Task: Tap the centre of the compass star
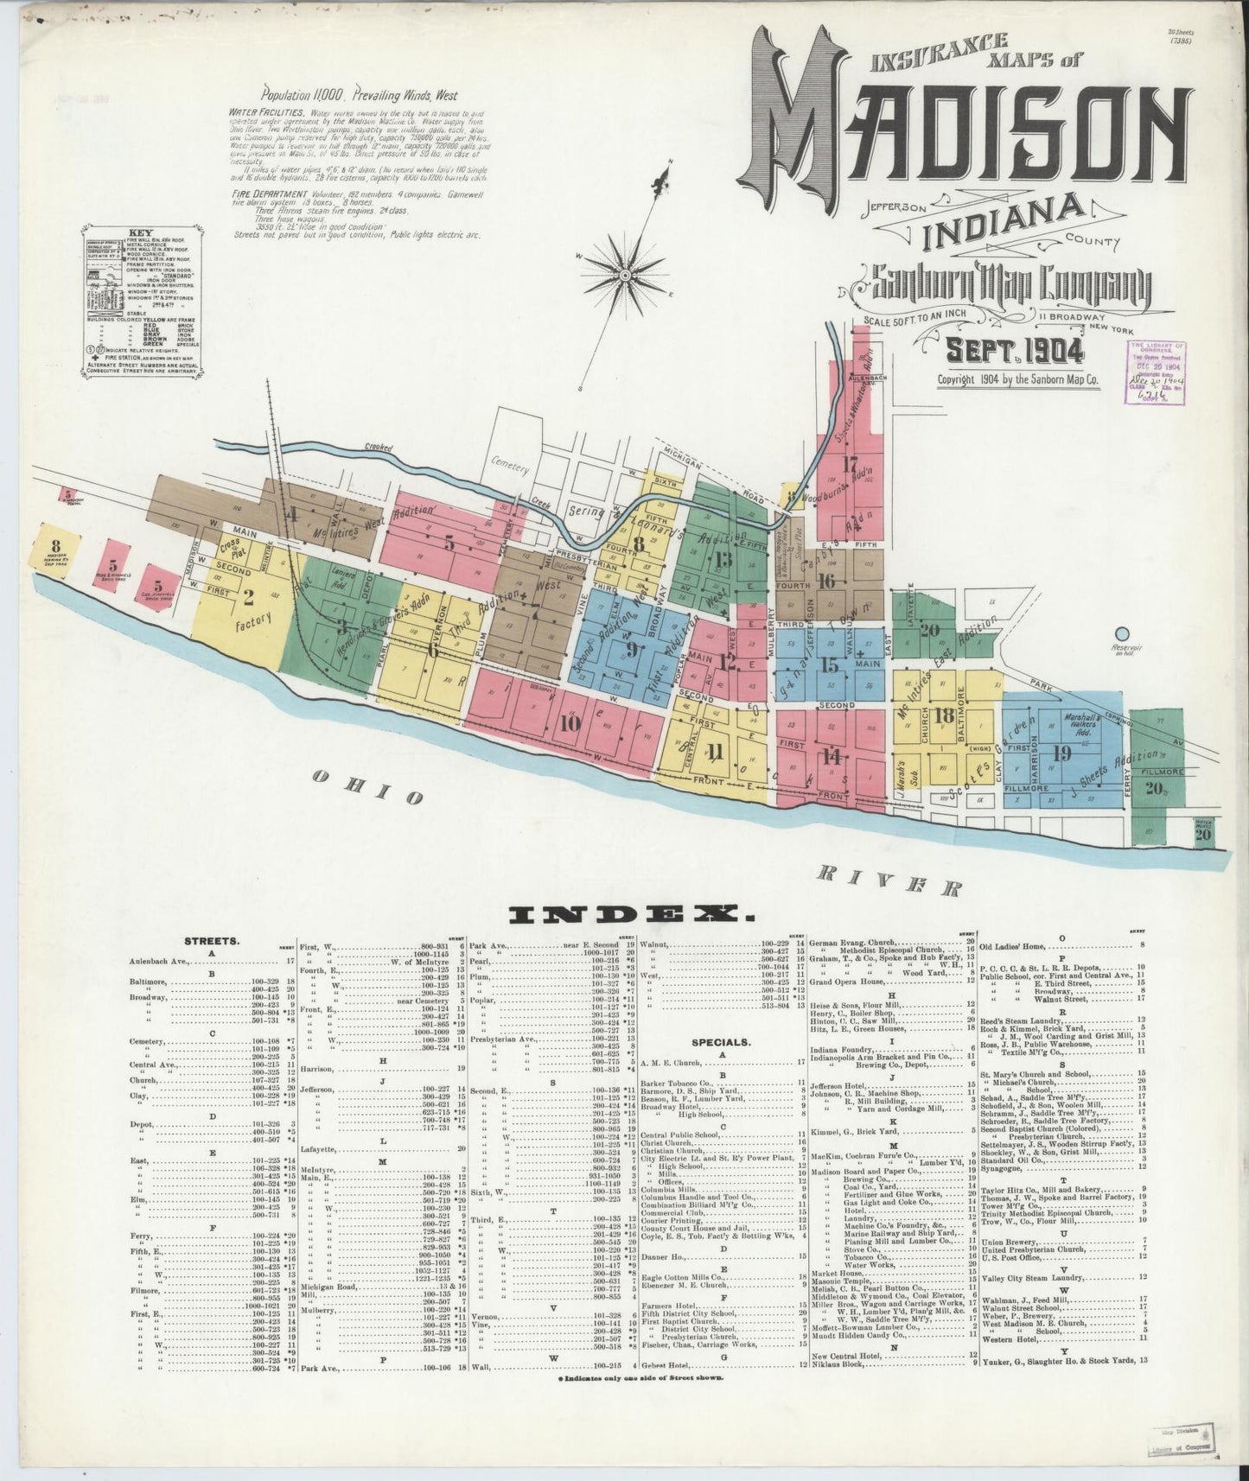tap(623, 275)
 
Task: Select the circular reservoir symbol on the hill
tap(1124, 636)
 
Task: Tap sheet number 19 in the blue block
tap(1062, 753)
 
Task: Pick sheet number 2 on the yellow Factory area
tap(249, 594)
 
